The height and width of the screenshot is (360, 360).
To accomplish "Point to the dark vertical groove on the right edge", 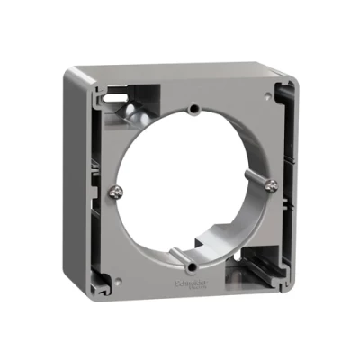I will coord(289,180).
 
